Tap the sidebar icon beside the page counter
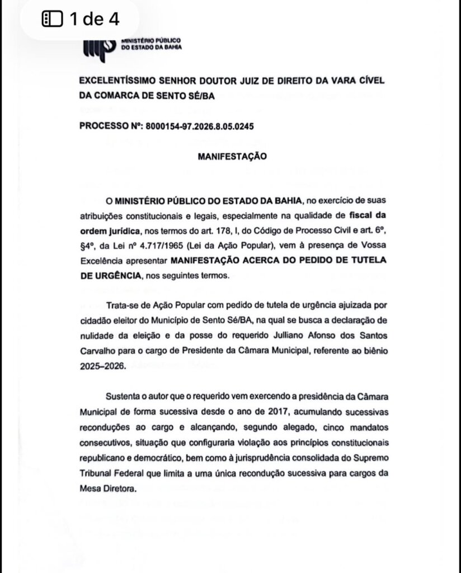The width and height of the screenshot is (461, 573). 53,20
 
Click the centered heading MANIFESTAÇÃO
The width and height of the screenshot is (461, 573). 232,157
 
